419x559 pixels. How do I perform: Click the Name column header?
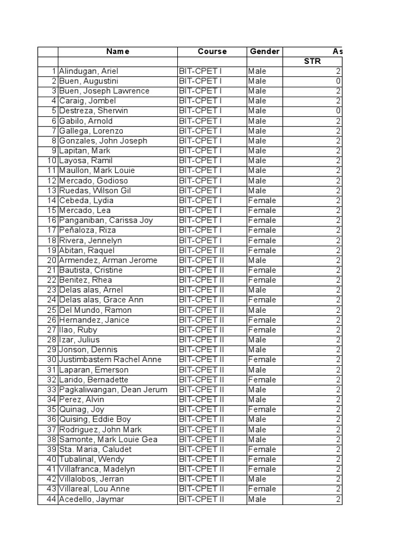118,51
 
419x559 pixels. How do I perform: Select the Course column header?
212,51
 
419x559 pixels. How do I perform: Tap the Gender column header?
265,51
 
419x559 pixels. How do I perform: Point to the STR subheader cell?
312,61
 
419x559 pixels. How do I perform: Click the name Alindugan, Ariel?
89,71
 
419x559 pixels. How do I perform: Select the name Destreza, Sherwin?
94,111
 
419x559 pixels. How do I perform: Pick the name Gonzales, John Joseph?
103,141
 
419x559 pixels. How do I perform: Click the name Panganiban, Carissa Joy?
106,221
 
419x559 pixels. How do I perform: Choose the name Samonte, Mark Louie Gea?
108,439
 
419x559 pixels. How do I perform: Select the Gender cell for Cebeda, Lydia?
262,200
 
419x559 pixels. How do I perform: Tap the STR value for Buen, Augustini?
338,81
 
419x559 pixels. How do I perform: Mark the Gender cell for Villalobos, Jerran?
258,479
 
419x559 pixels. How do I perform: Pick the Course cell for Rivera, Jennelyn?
201,240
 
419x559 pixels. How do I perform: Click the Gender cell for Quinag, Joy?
262,409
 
